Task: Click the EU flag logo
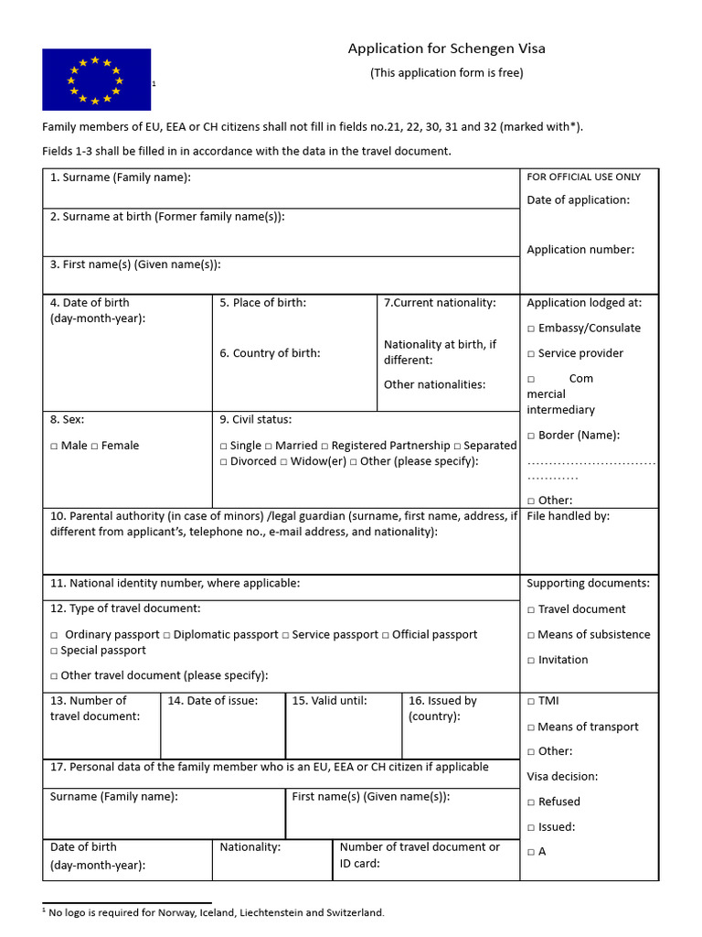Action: click(x=96, y=80)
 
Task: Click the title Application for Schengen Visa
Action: click(x=446, y=48)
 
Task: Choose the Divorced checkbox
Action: click(x=224, y=461)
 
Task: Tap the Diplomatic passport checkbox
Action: click(x=167, y=635)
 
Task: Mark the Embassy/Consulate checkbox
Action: click(x=531, y=328)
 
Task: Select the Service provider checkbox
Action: click(x=531, y=354)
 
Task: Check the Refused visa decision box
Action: click(x=531, y=802)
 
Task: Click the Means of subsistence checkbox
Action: click(x=531, y=635)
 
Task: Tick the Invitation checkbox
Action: click(x=531, y=661)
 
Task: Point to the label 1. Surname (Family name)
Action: click(x=121, y=178)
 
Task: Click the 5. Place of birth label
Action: click(x=262, y=303)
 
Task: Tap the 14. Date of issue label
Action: click(x=212, y=701)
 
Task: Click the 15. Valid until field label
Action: click(x=329, y=701)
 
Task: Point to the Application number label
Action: click(x=580, y=250)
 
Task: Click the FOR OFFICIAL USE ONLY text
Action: click(x=583, y=178)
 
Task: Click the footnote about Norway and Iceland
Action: click(x=216, y=912)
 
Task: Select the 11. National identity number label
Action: click(x=175, y=583)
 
